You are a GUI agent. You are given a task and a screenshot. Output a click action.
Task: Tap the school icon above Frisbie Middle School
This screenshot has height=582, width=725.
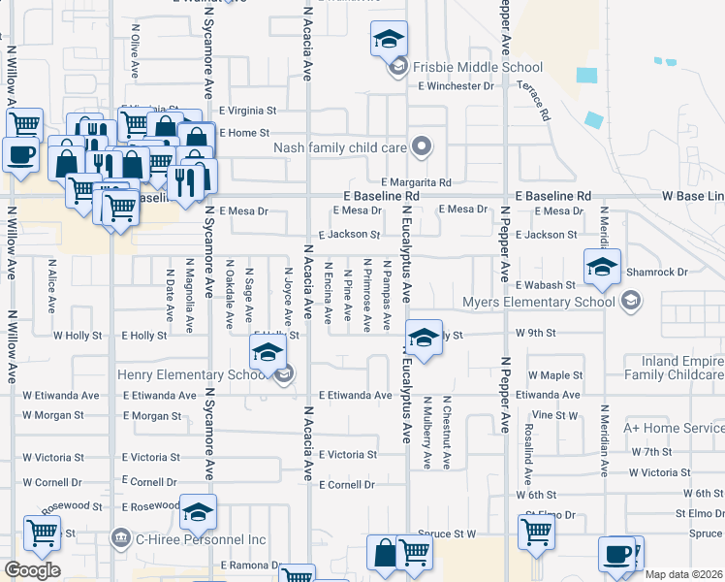click(389, 39)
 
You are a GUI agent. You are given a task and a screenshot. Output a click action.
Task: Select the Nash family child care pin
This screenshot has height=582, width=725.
click(421, 147)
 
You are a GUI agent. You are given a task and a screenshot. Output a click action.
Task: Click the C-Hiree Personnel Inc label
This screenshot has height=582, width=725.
click(200, 538)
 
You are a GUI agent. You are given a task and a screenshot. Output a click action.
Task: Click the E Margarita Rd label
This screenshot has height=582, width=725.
click(417, 182)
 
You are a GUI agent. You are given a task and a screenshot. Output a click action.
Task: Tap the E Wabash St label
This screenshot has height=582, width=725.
click(546, 285)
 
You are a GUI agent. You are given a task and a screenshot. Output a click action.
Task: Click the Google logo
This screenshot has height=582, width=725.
click(32, 570)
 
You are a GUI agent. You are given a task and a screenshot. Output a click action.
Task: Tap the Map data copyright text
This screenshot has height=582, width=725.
click(682, 574)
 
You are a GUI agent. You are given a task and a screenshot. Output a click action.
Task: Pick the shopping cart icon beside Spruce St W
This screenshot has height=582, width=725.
click(535, 530)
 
